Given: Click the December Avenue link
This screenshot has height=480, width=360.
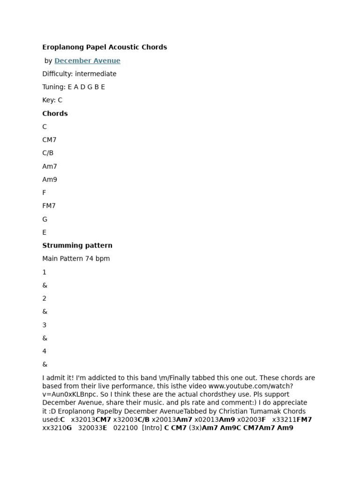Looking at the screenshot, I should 87,60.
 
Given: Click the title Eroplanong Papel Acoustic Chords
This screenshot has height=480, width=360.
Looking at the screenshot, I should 105,47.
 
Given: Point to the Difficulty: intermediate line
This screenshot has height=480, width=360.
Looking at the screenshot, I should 79,74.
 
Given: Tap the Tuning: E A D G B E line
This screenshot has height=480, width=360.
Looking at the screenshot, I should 74,87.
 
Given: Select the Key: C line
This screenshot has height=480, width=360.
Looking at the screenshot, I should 52,100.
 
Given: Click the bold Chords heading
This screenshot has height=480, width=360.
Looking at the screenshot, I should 55,113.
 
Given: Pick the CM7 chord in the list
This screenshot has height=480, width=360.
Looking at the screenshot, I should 49,140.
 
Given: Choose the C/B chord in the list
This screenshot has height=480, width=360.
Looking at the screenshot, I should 48,153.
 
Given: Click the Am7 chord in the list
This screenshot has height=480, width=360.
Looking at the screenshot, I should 50,166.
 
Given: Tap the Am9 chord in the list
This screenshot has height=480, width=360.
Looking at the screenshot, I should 50,180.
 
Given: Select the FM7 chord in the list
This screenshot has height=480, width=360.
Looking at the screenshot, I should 49,206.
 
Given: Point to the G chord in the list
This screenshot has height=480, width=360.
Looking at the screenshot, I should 45,219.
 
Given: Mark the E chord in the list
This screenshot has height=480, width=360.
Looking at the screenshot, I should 45,232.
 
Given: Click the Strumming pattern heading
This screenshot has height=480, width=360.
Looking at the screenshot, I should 77,245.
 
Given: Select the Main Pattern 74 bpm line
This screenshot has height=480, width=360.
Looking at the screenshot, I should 76,258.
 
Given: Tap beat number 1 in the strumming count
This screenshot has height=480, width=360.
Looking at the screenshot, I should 44,272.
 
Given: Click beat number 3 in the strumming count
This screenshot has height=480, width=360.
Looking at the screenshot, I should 44,325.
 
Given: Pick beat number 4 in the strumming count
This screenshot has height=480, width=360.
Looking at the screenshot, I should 45,351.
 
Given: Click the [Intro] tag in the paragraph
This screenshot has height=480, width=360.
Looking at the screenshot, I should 152,427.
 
